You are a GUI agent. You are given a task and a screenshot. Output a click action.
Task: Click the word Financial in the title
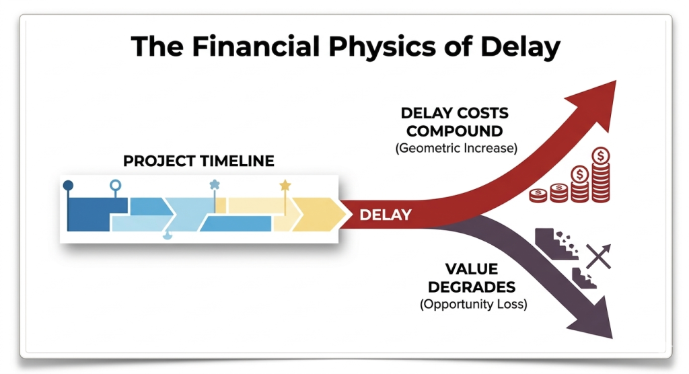234,47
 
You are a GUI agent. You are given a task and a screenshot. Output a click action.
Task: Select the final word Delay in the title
517,47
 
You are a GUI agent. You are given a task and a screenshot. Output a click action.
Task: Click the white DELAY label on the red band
386,215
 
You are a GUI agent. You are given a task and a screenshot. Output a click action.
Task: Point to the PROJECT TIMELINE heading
198,161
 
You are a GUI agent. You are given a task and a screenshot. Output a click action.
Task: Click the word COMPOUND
455,130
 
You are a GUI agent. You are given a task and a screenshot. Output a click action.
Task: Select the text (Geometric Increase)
456,148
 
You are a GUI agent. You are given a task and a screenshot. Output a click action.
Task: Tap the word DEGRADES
472,287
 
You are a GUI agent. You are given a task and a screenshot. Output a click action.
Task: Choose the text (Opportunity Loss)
473,304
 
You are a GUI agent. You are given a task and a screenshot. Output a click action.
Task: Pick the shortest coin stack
538,196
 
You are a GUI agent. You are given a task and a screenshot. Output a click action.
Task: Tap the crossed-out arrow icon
597,257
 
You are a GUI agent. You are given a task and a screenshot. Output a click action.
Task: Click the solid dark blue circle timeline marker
68,184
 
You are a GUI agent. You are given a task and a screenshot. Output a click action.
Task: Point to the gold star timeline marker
285,184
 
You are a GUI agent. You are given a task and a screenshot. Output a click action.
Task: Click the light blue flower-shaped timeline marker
215,184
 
